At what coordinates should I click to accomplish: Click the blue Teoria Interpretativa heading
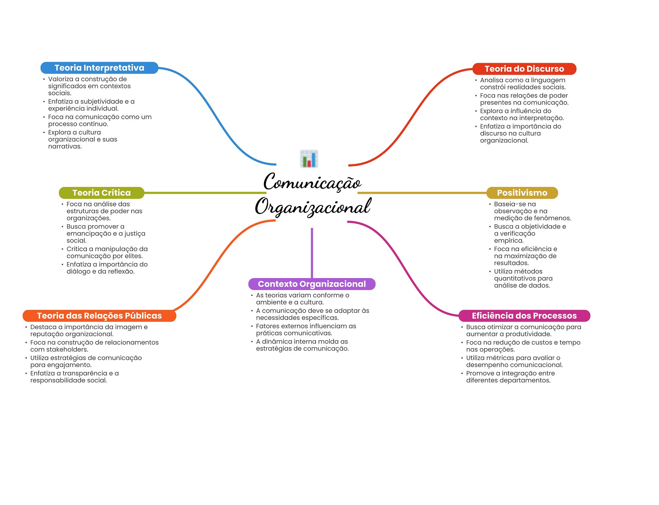(99, 68)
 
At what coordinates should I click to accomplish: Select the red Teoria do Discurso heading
(524, 69)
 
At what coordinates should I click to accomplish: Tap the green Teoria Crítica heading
(101, 193)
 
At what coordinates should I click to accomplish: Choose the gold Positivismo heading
(522, 193)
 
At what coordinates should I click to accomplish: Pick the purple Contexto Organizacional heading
(312, 284)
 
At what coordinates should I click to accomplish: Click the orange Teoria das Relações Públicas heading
(99, 316)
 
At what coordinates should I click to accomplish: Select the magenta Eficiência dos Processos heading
(524, 316)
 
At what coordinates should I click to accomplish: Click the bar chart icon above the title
(309, 159)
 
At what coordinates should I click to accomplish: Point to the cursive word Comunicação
(312, 182)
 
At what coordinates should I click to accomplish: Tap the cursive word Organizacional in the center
(313, 206)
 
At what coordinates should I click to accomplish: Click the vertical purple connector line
(312, 253)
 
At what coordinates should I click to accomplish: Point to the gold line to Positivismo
(422, 193)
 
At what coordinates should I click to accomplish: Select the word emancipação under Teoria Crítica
(87, 234)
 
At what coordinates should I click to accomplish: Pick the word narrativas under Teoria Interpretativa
(65, 146)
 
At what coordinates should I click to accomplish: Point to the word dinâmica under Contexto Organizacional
(277, 341)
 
